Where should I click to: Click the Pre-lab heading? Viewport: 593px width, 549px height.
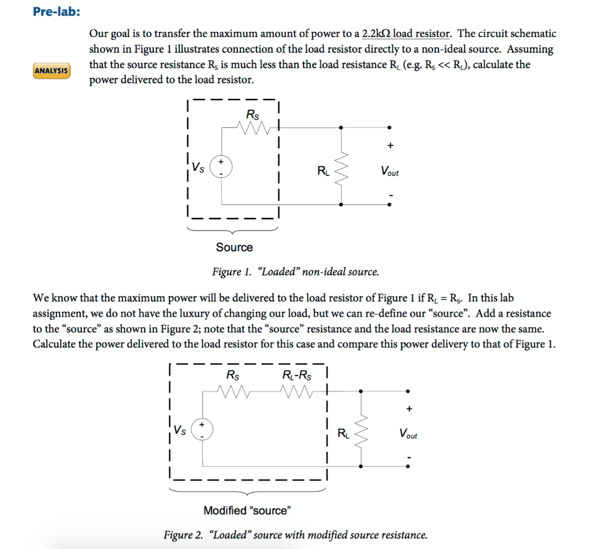pos(57,12)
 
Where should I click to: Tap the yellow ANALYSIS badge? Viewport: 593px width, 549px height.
pos(52,71)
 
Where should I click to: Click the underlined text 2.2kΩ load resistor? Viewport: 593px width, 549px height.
pos(406,34)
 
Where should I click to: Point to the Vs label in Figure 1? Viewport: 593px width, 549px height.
pos(198,168)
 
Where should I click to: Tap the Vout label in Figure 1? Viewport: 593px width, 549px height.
pos(389,171)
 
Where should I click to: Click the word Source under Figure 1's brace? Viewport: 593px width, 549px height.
pos(234,247)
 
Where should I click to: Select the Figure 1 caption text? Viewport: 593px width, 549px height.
pos(295,272)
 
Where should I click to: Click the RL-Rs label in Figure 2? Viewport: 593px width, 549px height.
pos(296,375)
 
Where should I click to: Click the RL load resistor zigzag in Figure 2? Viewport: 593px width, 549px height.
pos(361,432)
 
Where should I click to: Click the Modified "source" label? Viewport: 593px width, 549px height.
pos(247,510)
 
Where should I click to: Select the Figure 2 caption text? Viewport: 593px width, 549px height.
pos(295,535)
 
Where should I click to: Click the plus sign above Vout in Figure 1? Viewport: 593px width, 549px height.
pos(390,145)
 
